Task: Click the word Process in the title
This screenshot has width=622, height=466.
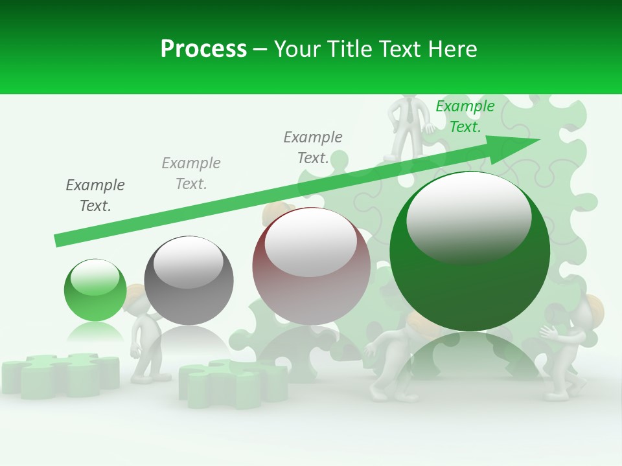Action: (203, 49)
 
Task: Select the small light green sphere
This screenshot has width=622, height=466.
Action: (95, 290)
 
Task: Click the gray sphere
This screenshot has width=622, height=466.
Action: (189, 280)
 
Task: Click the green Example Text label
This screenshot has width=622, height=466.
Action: (465, 116)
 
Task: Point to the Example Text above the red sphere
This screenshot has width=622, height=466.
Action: (313, 148)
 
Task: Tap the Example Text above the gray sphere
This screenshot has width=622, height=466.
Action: (191, 173)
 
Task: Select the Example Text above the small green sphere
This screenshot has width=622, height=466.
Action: (95, 195)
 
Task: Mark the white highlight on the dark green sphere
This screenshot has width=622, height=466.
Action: (468, 217)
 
